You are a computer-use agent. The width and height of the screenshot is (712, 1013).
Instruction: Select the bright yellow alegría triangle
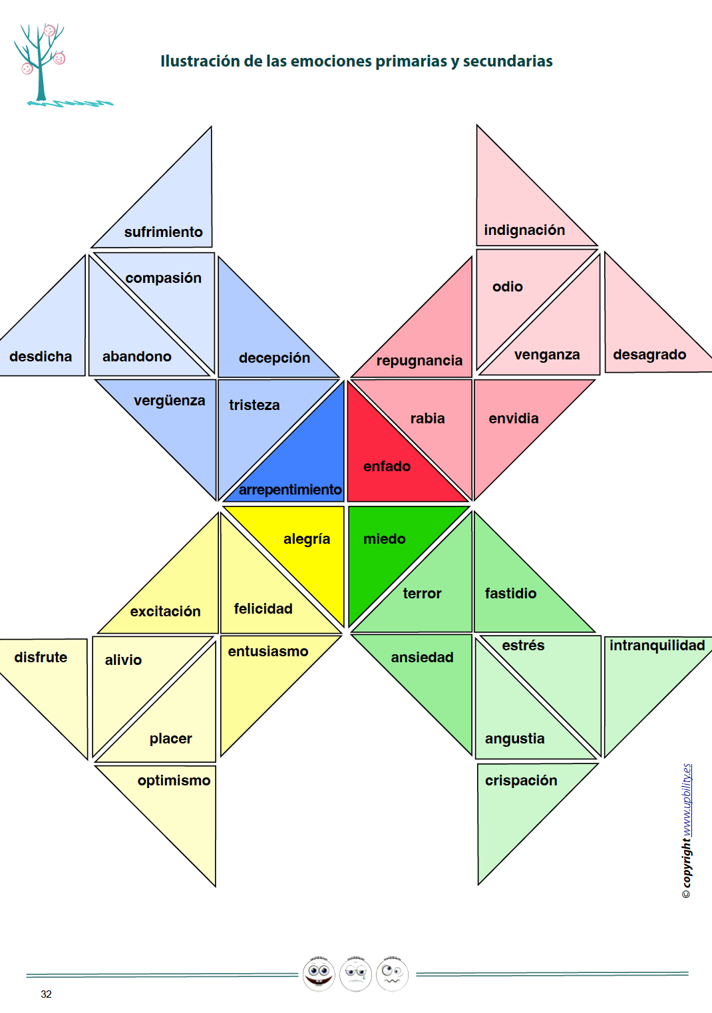point(313,546)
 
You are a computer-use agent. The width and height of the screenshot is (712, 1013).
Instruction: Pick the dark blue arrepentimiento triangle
point(306,466)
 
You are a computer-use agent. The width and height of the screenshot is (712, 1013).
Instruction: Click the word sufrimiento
point(163,232)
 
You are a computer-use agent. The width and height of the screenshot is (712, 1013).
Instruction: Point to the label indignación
point(524,230)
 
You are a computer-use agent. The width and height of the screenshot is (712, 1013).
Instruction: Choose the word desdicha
point(41,356)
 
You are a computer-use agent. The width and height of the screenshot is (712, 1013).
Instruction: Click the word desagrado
point(649,354)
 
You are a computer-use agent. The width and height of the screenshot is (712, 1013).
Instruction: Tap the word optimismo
point(174,780)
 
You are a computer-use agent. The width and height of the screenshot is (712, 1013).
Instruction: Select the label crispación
point(521,780)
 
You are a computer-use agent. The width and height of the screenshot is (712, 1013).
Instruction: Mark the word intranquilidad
point(657,645)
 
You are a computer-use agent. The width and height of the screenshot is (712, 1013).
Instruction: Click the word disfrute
point(41,657)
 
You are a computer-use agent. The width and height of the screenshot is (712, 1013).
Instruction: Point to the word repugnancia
point(419,360)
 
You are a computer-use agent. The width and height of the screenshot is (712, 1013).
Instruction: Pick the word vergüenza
point(169,400)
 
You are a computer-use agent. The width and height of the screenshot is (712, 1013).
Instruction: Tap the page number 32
point(46,994)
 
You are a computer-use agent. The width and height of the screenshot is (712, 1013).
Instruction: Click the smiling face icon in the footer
point(319,974)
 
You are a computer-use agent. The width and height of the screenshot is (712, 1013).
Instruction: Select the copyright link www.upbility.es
point(687,799)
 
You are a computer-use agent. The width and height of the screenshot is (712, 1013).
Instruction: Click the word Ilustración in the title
point(200,61)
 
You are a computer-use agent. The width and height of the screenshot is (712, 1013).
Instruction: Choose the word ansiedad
point(422,657)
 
